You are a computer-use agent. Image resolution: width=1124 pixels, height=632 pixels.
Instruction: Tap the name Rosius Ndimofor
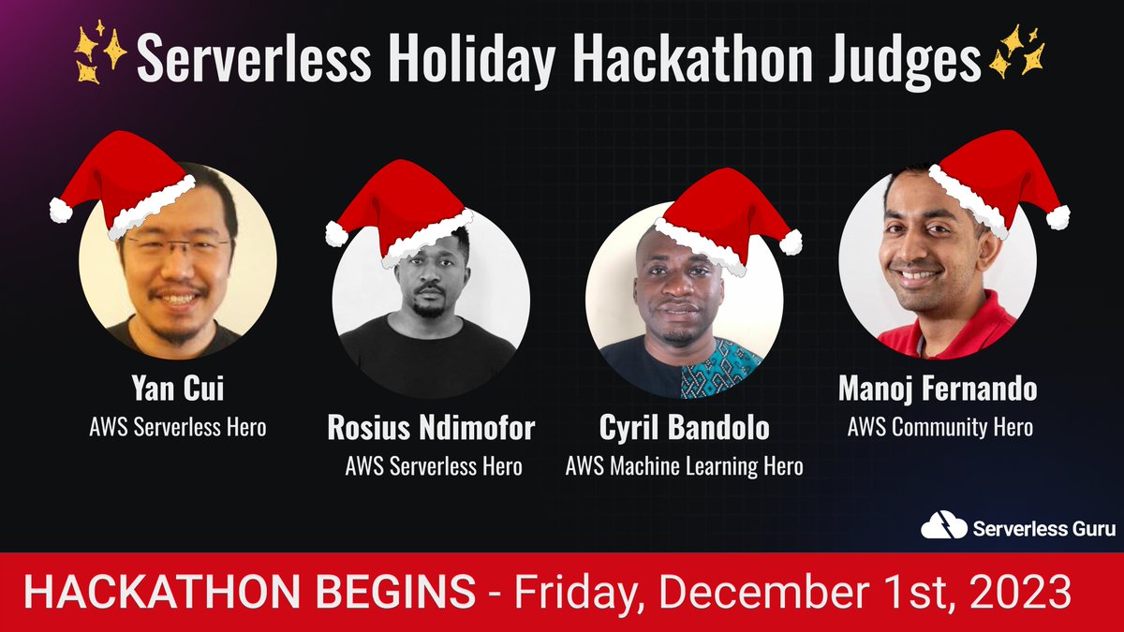[x=431, y=428]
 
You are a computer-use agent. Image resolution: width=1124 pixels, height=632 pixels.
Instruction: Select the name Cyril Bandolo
[x=684, y=428]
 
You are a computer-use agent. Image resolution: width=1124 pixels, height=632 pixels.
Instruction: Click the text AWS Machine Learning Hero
[x=684, y=465]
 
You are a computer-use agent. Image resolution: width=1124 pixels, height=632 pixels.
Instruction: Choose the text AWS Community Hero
[x=939, y=427]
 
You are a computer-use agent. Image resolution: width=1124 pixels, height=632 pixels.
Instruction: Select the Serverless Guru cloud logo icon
[x=943, y=527]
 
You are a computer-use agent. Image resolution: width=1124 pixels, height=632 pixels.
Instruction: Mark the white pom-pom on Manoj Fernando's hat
[x=1057, y=217]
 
